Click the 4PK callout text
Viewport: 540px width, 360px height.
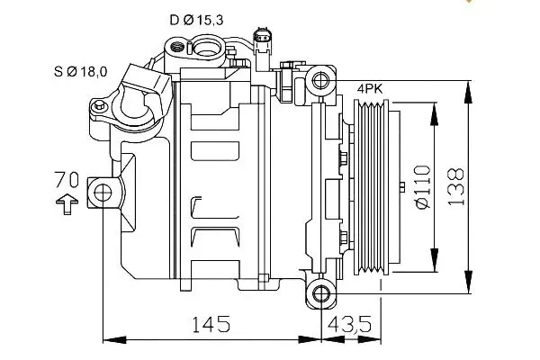pyautogui.click(x=371, y=89)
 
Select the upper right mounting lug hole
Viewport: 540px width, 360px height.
pyautogui.click(x=320, y=83)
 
